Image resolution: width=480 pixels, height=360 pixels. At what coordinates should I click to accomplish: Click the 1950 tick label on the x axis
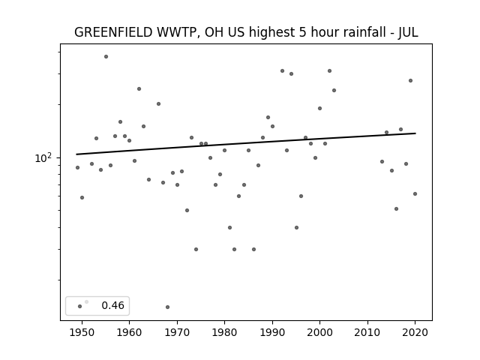pyautogui.click(x=82, y=332)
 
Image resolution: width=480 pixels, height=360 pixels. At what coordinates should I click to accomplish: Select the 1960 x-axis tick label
pyautogui.click(x=129, y=332)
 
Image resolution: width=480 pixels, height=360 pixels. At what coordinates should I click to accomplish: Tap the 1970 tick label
pyautogui.click(x=177, y=332)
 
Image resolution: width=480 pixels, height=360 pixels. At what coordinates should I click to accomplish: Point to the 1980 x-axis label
pyautogui.click(x=224, y=332)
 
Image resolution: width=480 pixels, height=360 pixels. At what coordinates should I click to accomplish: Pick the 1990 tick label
pyautogui.click(x=272, y=332)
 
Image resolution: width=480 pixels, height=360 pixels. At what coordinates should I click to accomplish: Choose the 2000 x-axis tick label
pyautogui.click(x=319, y=332)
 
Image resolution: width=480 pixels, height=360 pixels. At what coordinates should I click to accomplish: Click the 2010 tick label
pyautogui.click(x=367, y=332)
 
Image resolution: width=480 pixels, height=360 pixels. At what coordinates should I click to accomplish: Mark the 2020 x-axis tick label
pyautogui.click(x=415, y=332)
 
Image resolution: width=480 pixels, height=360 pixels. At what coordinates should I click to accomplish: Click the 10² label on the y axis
pyautogui.click(x=43, y=158)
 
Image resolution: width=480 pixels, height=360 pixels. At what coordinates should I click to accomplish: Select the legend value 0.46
pyautogui.click(x=113, y=305)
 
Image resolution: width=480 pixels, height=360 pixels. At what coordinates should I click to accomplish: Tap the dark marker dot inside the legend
pyautogui.click(x=80, y=307)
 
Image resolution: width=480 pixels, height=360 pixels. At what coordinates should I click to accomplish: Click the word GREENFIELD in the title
pyautogui.click(x=113, y=32)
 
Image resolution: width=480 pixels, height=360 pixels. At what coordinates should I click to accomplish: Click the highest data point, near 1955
pyautogui.click(x=106, y=57)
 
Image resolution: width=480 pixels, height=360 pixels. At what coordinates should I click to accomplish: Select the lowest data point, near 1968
pyautogui.click(x=167, y=307)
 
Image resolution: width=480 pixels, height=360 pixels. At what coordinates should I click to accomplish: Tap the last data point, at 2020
pyautogui.click(x=415, y=193)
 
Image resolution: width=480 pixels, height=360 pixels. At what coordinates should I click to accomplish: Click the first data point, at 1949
pyautogui.click(x=77, y=168)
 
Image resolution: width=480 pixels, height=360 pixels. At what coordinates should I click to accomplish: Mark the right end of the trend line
pyautogui.click(x=415, y=133)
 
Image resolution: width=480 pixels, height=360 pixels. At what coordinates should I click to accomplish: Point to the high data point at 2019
pyautogui.click(x=410, y=81)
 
